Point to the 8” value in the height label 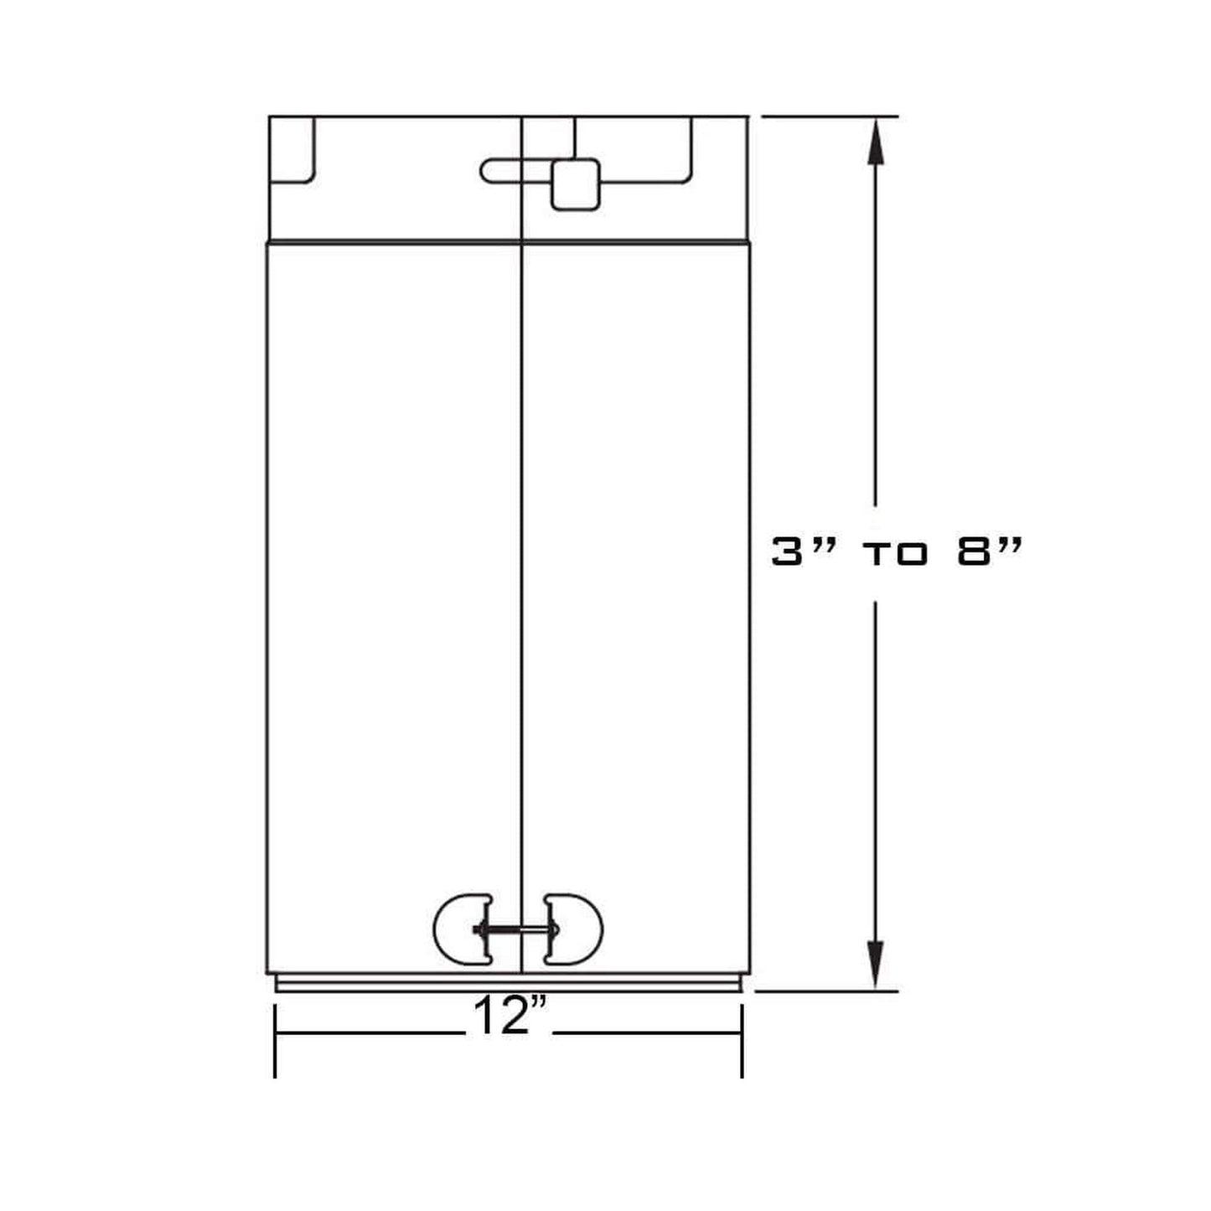989,552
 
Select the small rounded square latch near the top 575,184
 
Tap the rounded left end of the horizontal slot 489,170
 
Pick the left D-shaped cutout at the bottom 462,929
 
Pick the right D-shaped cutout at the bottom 574,929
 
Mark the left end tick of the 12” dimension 276,1039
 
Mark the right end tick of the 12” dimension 743,1039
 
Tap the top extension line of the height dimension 830,116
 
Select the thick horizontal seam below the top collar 509,243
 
